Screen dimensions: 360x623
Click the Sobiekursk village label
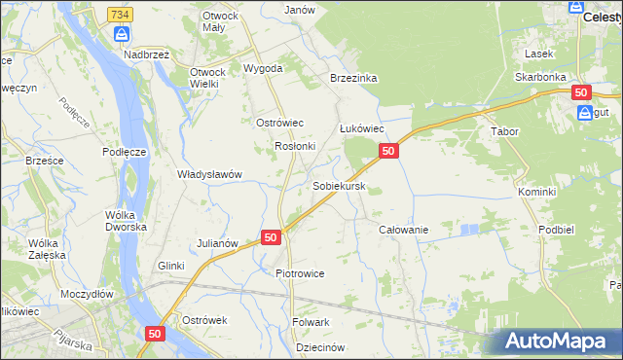pos(339,185)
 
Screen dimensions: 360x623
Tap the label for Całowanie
pos(403,230)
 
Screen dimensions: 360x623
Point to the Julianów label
pos(217,242)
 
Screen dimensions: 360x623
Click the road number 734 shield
pos(121,15)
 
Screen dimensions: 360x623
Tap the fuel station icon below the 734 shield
pos(121,35)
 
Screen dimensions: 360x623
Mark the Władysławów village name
pos(208,174)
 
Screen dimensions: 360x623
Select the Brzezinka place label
pos(353,78)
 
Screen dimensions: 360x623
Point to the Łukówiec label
pos(362,128)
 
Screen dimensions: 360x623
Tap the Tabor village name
pos(504,130)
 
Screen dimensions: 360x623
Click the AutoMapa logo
pos(559,341)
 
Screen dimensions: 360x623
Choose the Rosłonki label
pos(295,146)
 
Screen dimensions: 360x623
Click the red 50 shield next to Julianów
pos(272,237)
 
